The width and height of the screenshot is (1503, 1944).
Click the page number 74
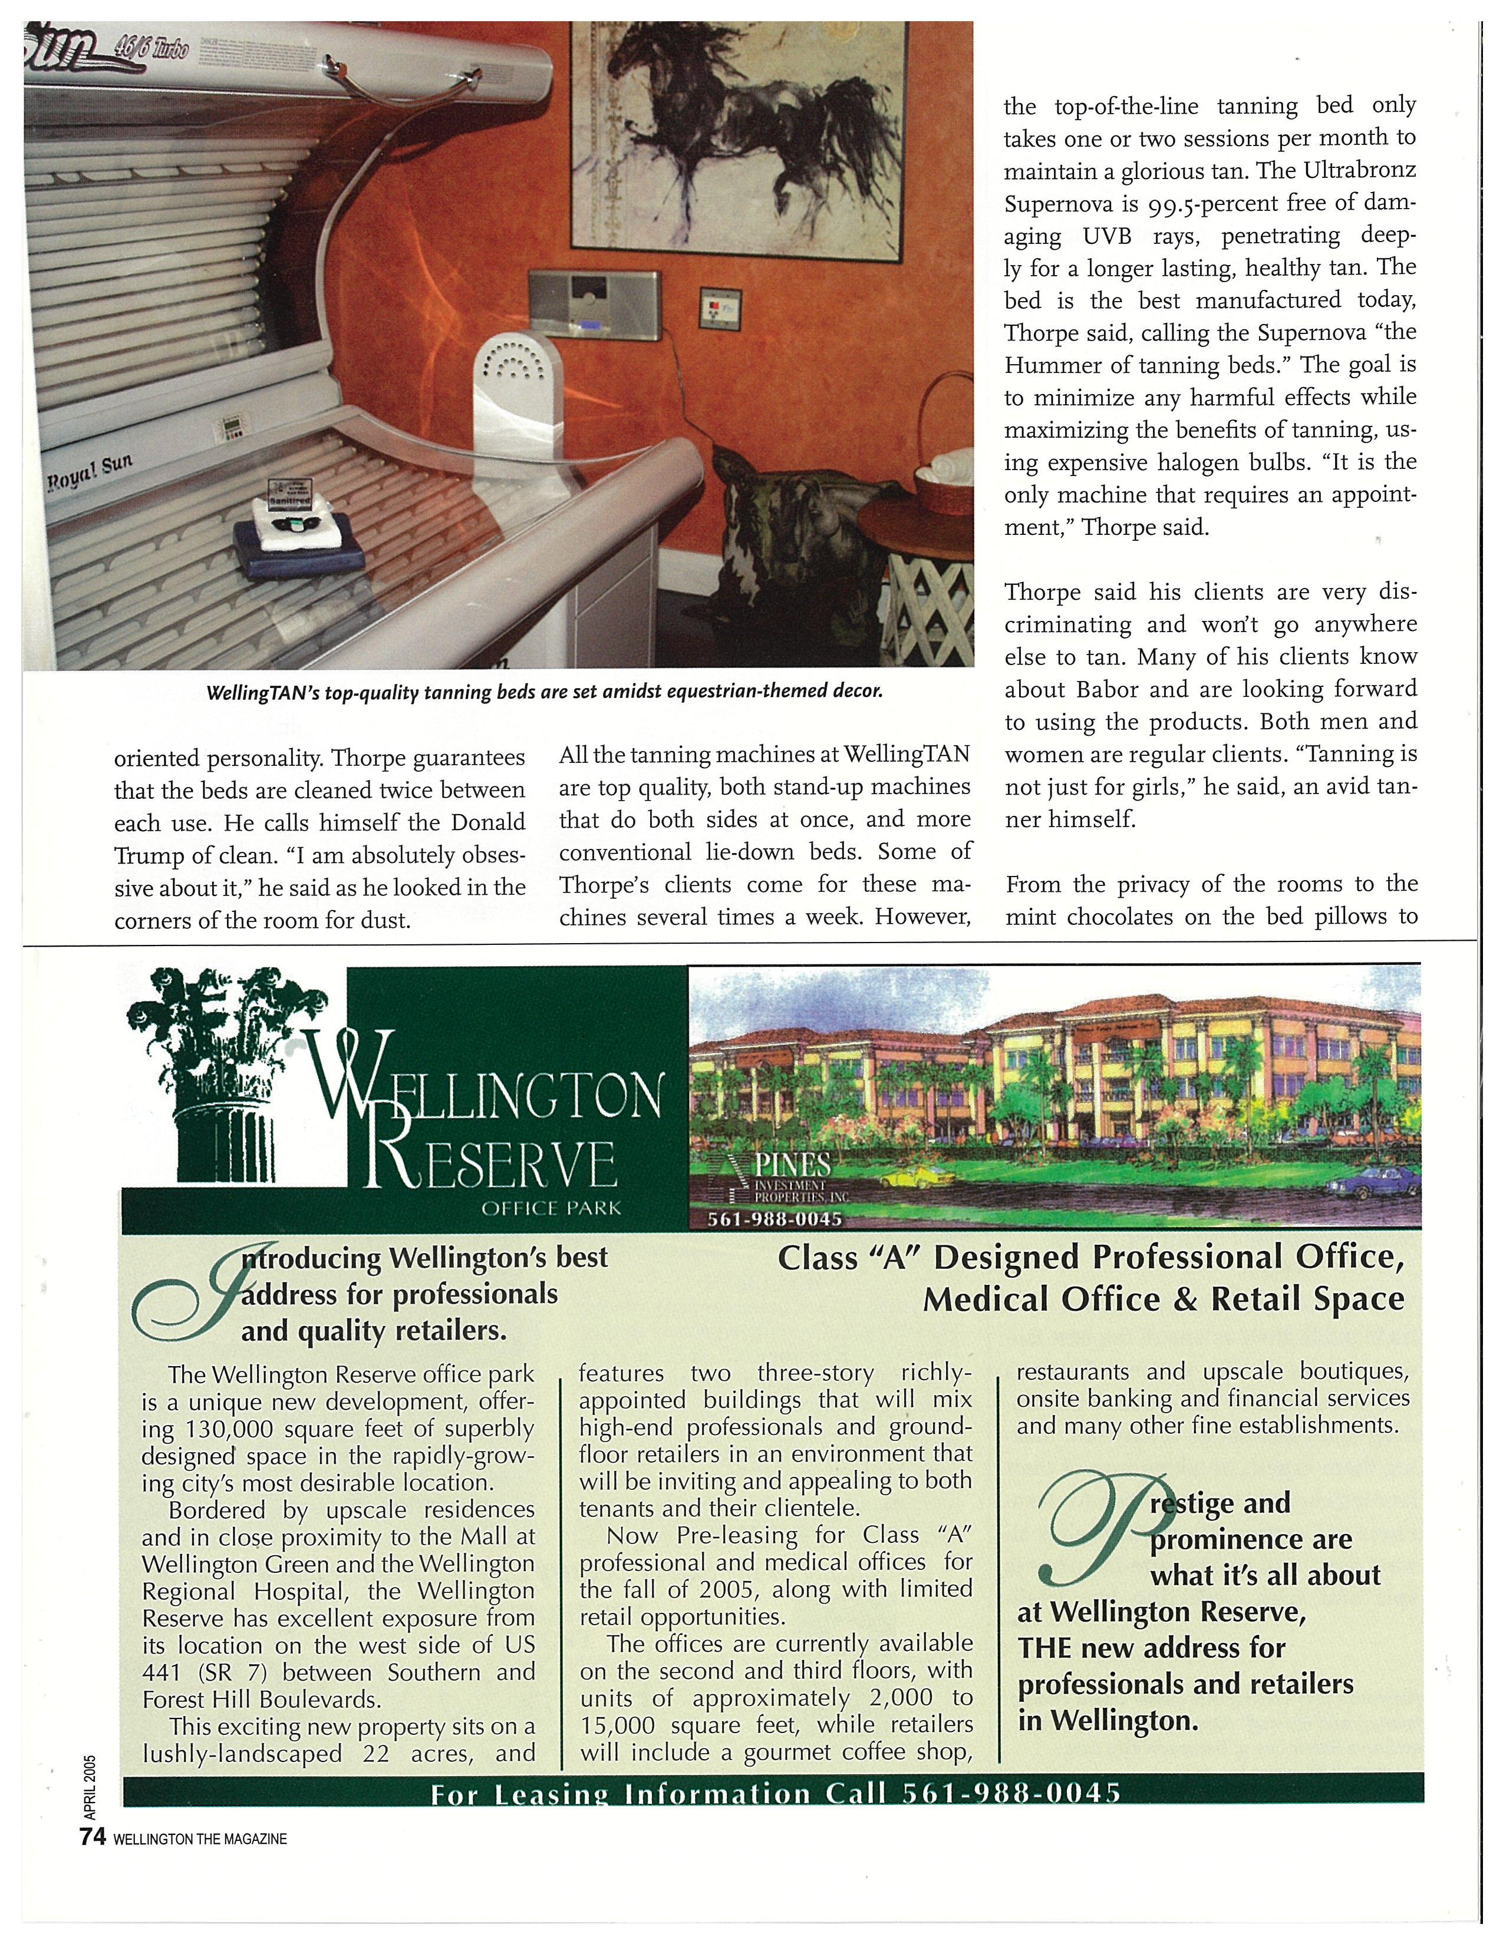click(93, 1837)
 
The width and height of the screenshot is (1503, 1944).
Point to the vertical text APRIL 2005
click(90, 1785)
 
